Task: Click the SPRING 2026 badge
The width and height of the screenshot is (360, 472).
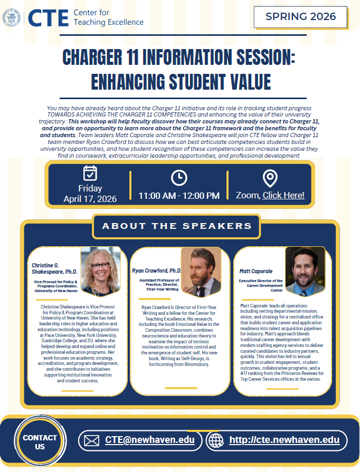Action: click(x=300, y=17)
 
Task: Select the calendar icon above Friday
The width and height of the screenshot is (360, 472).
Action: click(x=90, y=173)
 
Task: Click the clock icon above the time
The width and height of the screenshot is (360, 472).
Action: click(x=179, y=177)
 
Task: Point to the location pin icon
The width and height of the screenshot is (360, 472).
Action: click(x=270, y=178)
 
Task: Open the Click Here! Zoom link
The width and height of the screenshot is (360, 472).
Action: click(x=283, y=195)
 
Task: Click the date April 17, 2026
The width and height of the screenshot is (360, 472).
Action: click(x=90, y=199)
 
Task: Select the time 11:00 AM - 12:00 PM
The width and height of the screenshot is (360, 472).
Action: click(x=179, y=196)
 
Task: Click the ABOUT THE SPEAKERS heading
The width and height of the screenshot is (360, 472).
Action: click(x=177, y=226)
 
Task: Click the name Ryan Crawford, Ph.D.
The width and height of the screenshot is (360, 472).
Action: click(x=157, y=271)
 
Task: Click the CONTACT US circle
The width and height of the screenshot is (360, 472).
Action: click(x=40, y=442)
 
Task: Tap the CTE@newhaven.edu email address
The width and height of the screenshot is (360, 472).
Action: click(x=150, y=440)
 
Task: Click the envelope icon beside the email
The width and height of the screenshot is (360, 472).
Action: click(x=92, y=440)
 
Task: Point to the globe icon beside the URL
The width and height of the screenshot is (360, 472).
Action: click(x=215, y=440)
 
